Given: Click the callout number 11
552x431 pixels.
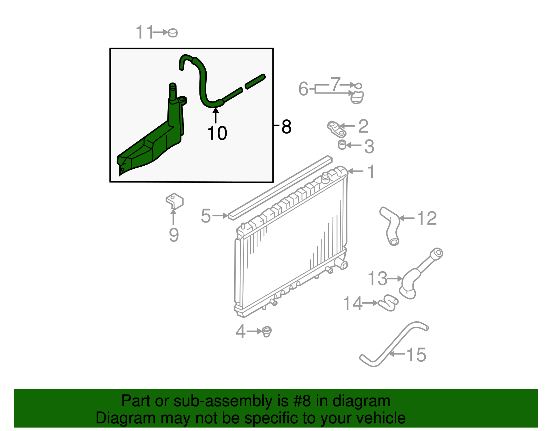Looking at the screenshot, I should click(144, 32).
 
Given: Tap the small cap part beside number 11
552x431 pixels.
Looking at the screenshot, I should click(173, 33).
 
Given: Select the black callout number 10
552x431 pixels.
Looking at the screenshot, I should click(217, 133).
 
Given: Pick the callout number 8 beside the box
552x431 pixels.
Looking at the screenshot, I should click(286, 127).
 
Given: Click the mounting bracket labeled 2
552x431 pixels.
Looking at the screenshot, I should click(336, 128).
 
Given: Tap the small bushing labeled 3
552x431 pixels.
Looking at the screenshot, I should click(342, 145).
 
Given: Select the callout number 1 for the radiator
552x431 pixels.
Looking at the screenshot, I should click(371, 172).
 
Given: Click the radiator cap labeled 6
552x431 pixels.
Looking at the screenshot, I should click(357, 97).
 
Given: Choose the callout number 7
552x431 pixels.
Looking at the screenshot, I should click(335, 84).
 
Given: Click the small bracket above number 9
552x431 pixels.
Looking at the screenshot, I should click(175, 201).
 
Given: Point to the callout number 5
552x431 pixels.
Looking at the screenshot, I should click(206, 216).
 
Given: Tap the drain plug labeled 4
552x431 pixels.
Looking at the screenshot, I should click(267, 332).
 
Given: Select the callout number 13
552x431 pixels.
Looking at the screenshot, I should click(377, 278).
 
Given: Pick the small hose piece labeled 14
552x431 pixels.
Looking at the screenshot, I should click(388, 303).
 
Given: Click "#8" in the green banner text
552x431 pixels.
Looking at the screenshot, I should click(302, 401).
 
